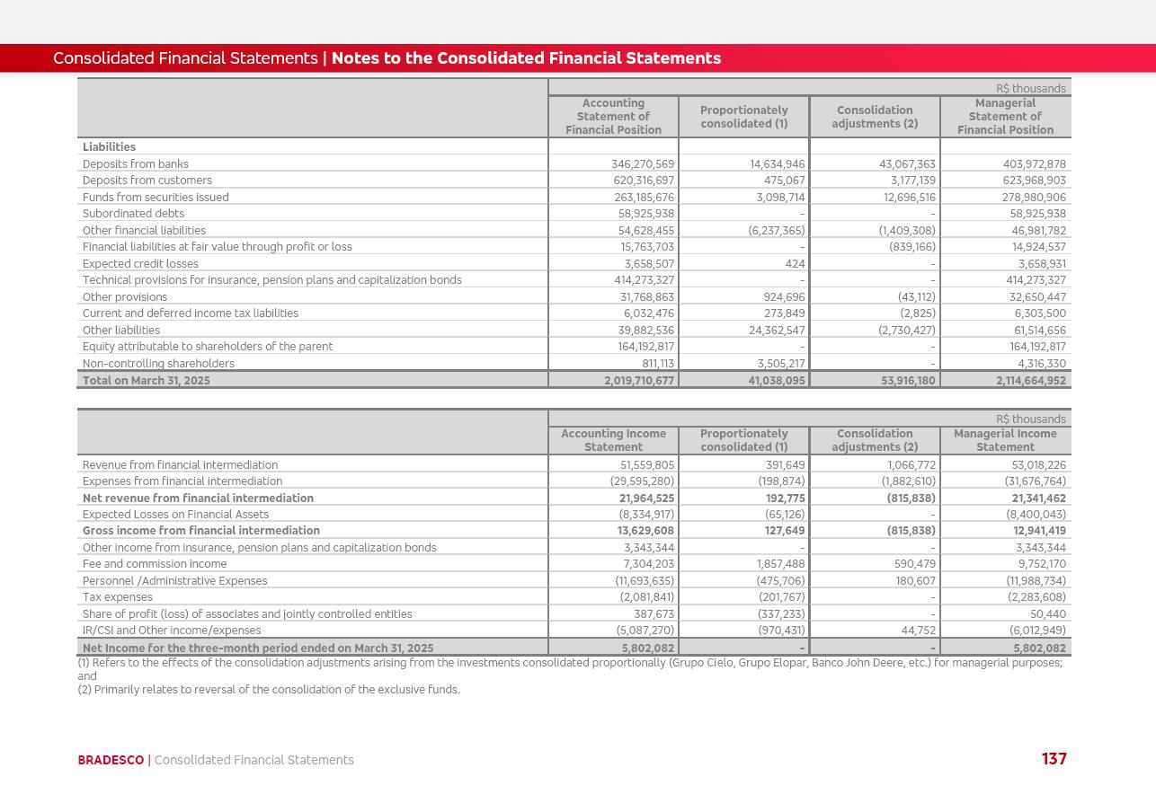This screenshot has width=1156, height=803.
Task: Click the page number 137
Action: pyautogui.click(x=1054, y=759)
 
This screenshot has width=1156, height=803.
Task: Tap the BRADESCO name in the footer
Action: pyautogui.click(x=111, y=760)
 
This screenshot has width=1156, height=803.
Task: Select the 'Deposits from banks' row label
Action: pyautogui.click(x=136, y=164)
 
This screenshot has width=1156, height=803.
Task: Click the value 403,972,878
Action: pyautogui.click(x=1034, y=164)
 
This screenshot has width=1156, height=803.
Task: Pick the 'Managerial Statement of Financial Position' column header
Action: pyautogui.click(x=1005, y=117)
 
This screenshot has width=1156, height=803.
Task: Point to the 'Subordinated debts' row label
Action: pyautogui.click(x=133, y=214)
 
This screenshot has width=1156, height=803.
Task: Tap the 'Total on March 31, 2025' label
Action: pyautogui.click(x=147, y=381)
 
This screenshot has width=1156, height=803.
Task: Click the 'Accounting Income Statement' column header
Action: pyautogui.click(x=613, y=440)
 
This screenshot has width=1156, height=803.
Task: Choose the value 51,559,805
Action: pyautogui.click(x=646, y=465)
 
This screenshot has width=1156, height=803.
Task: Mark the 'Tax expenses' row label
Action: pyautogui.click(x=117, y=597)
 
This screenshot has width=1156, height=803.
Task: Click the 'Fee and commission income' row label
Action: pyautogui.click(x=155, y=564)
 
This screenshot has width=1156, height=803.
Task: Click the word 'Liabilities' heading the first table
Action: pyautogui.click(x=109, y=147)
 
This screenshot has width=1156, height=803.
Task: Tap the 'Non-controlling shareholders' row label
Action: pyautogui.click(x=158, y=364)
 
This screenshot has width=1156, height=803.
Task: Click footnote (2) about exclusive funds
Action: pyautogui.click(x=269, y=690)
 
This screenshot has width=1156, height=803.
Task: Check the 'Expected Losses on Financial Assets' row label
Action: pyautogui.click(x=175, y=515)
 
